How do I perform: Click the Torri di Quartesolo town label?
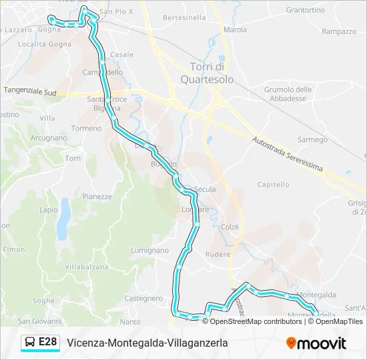click(210, 73)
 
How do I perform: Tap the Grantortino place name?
click(305, 10)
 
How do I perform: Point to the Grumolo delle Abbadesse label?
click(288, 94)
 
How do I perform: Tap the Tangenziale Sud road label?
click(31, 91)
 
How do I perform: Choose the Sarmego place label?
click(312, 140)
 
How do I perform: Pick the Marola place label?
click(235, 30)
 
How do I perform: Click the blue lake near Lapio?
click(63, 220)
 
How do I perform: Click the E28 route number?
click(48, 343)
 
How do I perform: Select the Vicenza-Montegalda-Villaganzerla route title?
click(147, 343)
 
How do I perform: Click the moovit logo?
click(316, 343)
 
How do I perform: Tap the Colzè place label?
click(230, 227)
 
